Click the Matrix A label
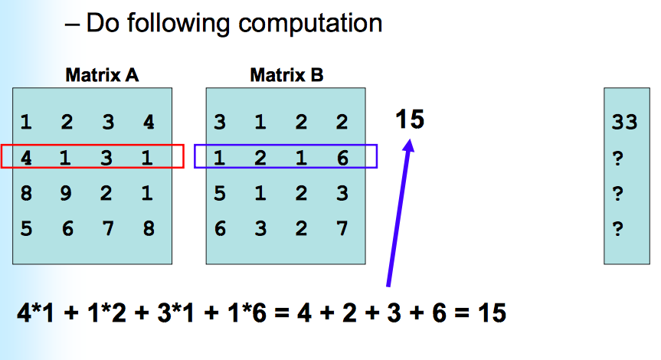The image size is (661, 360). (x=102, y=75)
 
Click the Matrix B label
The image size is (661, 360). (x=286, y=75)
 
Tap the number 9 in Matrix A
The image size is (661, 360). (x=67, y=193)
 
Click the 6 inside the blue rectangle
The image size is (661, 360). (x=342, y=157)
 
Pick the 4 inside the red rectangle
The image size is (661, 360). (x=26, y=157)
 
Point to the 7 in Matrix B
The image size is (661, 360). (x=342, y=228)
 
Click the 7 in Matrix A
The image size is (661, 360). (x=107, y=228)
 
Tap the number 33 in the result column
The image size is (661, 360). (x=625, y=123)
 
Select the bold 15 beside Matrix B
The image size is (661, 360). (x=410, y=119)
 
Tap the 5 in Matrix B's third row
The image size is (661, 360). (x=220, y=193)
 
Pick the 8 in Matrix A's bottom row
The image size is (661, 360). (x=148, y=228)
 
